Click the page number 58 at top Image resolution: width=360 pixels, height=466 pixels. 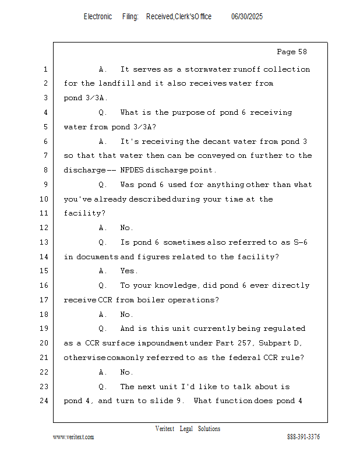302,52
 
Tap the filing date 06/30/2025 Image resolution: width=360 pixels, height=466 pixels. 247,16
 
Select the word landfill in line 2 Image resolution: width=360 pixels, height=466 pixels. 117,83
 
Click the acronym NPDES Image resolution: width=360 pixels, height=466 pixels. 132,170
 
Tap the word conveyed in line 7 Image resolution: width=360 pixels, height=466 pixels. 217,156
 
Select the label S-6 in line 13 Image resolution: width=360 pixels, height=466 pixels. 300,242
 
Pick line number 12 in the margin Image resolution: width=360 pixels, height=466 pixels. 44,228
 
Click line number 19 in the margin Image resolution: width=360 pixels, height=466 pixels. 44,329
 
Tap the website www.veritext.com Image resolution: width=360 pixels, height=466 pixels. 73,437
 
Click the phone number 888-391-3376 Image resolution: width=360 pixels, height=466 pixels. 303,436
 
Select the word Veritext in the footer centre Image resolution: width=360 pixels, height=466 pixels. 165,429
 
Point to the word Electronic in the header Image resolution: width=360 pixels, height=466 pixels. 98,16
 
